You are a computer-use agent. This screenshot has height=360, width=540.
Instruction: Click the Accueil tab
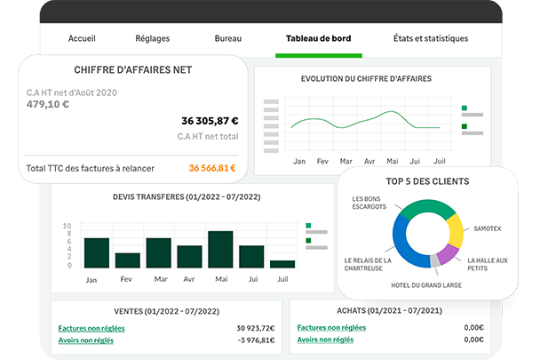coord(82,39)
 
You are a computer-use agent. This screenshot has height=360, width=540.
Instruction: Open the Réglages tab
coord(153,39)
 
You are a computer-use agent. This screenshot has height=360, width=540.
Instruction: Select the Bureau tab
coord(228,39)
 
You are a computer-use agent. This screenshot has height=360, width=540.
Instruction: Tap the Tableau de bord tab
coord(317,39)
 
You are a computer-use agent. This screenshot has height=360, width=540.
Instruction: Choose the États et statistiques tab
coord(431,39)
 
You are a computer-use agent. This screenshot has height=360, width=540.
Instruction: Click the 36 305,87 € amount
coord(210,121)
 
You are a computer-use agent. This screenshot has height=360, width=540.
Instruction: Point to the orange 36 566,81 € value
coord(212,167)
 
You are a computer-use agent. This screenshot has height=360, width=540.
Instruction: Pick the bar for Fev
coord(128,260)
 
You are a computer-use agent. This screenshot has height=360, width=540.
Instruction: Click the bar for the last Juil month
coord(282,263)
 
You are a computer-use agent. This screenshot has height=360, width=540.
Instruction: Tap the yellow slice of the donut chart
coord(455,232)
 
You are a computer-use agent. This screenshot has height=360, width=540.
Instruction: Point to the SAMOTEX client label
coord(488,228)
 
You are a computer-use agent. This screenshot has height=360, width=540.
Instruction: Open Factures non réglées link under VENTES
coord(91,328)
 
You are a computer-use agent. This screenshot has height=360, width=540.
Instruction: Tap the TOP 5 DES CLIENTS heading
coord(428,181)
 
